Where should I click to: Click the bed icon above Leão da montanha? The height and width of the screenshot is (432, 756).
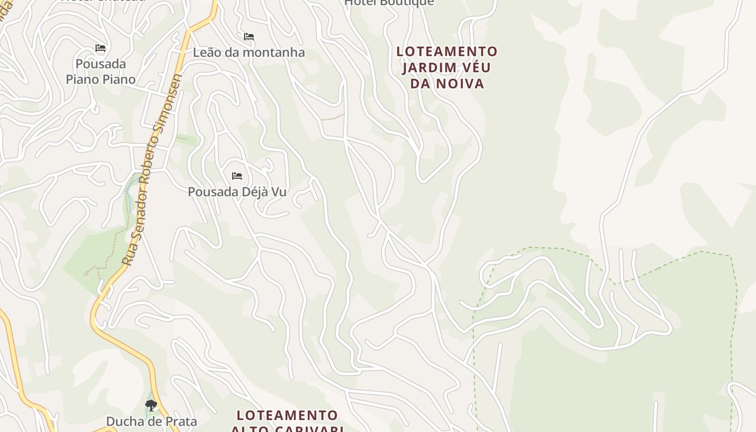point(249,37)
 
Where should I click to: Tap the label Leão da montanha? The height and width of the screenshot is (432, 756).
point(249,52)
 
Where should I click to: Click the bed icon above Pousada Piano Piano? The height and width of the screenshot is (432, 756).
point(100,48)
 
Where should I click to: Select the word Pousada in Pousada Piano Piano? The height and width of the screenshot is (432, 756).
point(100,64)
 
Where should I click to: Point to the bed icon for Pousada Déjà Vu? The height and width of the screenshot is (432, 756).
point(237,176)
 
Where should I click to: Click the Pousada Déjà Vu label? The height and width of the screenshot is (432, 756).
point(237,192)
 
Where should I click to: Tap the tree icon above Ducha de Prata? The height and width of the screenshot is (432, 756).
point(151,405)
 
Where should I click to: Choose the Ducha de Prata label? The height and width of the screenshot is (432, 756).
point(151,421)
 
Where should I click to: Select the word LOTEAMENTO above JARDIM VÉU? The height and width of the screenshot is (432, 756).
point(447,52)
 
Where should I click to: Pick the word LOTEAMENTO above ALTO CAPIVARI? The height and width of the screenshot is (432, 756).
point(287,415)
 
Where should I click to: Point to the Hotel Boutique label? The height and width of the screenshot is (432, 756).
point(389,3)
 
